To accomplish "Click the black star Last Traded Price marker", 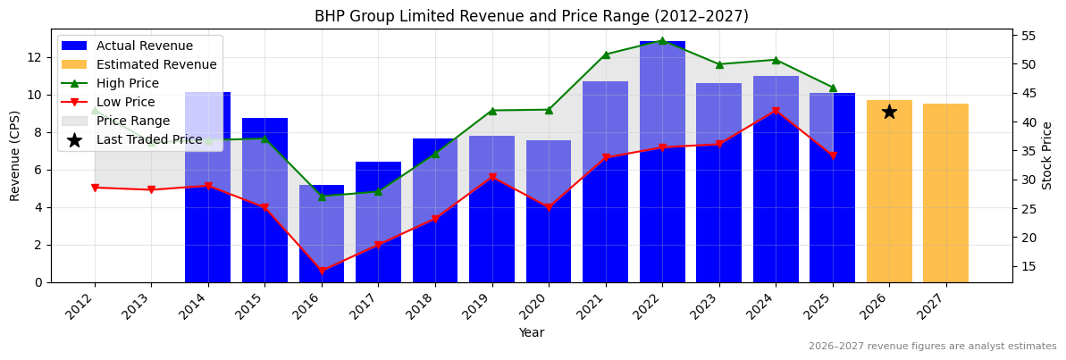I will tap(889, 112).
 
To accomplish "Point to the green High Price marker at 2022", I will tap(662, 41).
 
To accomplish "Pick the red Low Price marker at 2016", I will tap(322, 271).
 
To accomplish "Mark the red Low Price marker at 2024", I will tap(776, 112).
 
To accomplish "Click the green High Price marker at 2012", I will tap(95, 110).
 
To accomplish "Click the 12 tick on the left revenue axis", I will tap(35, 57).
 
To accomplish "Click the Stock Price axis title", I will tap(1047, 155).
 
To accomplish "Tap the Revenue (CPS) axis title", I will tap(15, 155).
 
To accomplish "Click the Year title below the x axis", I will tap(531, 333).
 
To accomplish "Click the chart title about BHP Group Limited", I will tap(531, 16).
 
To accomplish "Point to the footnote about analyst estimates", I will tap(932, 347).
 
